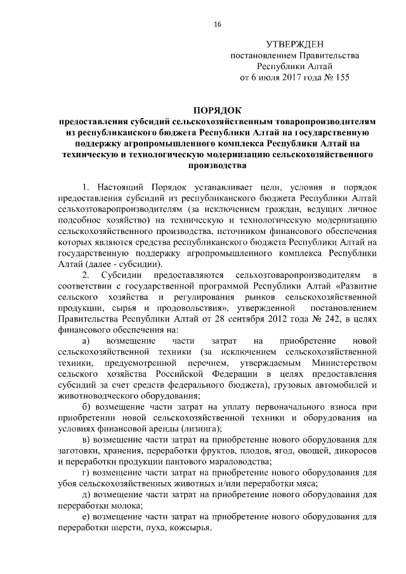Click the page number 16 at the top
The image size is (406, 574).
pyautogui.click(x=217, y=25)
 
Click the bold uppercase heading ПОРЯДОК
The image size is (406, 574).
pyautogui.click(x=217, y=110)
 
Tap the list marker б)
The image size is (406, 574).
pyautogui.click(x=88, y=407)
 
